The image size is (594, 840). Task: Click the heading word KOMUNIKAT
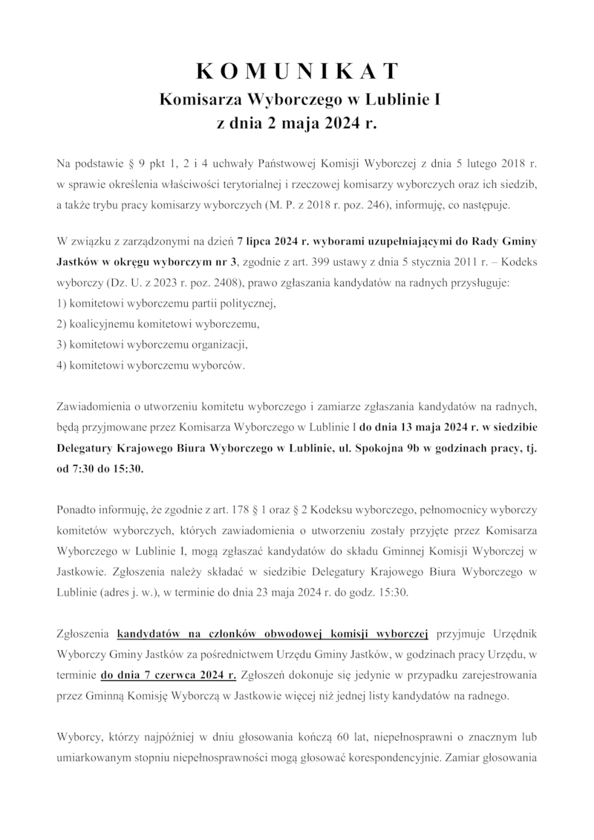[x=297, y=71]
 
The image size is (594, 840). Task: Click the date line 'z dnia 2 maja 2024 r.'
[x=297, y=123]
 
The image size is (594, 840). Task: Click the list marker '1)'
[x=62, y=303]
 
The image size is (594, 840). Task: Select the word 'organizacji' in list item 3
[x=217, y=345]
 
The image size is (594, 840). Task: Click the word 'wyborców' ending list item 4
[x=218, y=365]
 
